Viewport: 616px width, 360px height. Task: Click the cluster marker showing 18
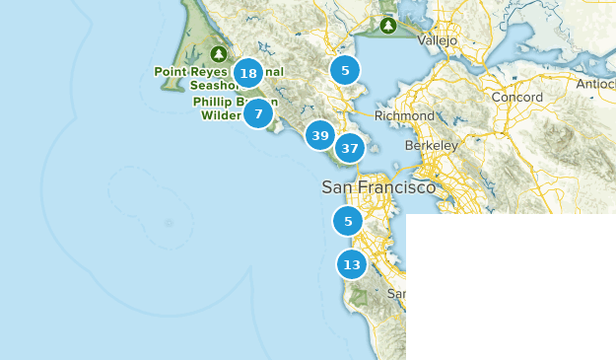coord(248,73)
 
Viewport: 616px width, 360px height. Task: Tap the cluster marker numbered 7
coord(258,113)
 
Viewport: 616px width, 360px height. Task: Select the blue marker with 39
coord(319,135)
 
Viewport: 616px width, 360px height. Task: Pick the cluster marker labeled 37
coord(349,148)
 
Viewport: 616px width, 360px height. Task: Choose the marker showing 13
coord(352,264)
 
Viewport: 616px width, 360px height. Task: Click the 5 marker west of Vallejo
coord(345,70)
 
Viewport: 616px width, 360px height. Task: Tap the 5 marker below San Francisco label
coord(347,221)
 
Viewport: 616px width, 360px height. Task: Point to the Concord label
coord(516,98)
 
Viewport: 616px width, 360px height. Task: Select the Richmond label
coord(404,115)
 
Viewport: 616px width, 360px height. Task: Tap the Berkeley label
coord(431,145)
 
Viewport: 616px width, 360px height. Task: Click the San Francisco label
coord(378,186)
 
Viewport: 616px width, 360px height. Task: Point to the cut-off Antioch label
coord(595,84)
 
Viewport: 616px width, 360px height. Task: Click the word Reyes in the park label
coord(213,72)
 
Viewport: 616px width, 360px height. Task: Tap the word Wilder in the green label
coord(221,114)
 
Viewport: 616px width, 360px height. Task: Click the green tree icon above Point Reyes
coord(219,53)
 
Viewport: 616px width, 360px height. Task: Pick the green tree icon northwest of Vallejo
coord(388,25)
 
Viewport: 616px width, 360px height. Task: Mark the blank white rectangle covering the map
coord(511,286)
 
